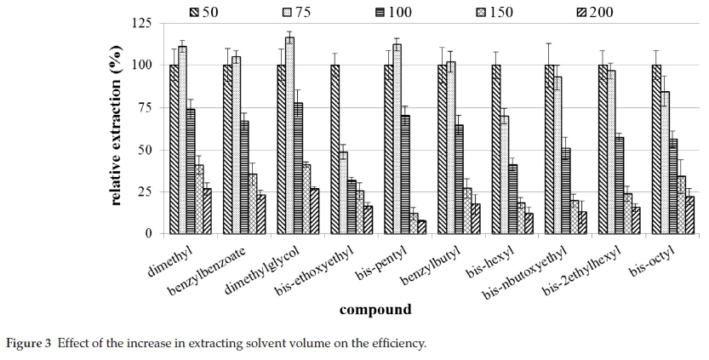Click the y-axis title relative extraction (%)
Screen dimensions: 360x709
(x=117, y=128)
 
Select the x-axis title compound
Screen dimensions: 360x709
(x=375, y=310)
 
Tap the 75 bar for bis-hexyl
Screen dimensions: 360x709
(x=505, y=174)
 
